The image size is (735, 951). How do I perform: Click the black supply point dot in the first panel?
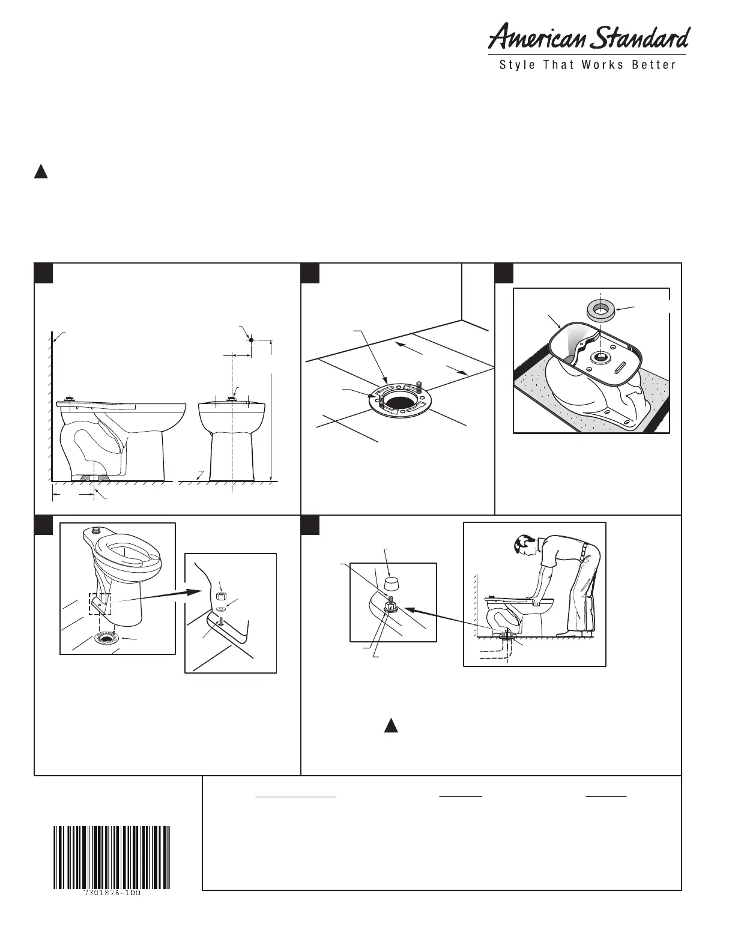pyautogui.click(x=252, y=340)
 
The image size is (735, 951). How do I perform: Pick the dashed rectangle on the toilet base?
pyautogui.click(x=100, y=603)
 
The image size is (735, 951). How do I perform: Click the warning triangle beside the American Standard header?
pyautogui.click(x=40, y=172)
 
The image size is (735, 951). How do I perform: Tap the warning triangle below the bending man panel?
pyautogui.click(x=391, y=725)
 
